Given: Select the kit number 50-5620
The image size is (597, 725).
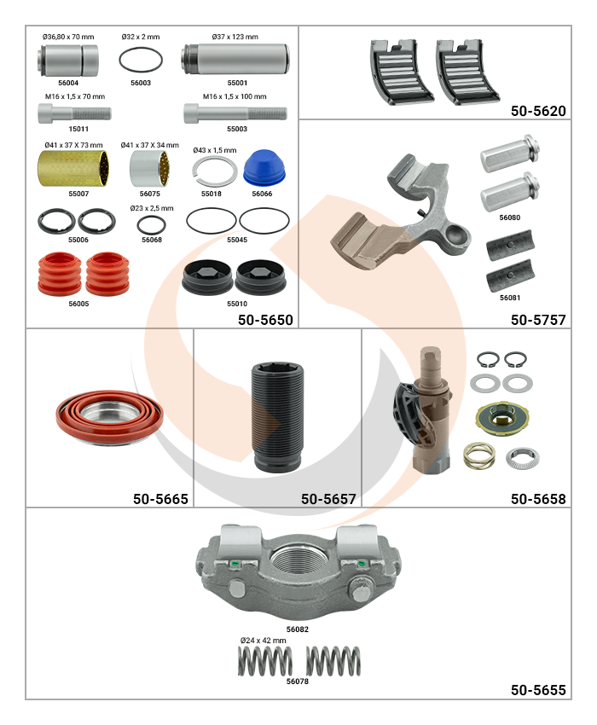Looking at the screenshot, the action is coord(538,111).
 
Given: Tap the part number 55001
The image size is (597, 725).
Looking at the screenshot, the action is coord(237,83).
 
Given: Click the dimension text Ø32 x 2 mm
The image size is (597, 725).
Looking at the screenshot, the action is coord(141,37).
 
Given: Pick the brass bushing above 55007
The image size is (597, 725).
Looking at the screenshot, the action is coord(73,169).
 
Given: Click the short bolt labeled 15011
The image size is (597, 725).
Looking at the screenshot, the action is coord(74,113).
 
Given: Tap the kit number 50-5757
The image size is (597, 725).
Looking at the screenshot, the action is coord(538,320).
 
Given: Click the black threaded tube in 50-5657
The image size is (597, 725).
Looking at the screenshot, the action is coord(277,416).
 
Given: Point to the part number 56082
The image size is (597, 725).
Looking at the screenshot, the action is coord(298,629).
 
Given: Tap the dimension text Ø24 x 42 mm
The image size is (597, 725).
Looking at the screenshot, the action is coord(264,641).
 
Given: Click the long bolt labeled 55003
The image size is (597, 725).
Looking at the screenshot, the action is coord(235,113).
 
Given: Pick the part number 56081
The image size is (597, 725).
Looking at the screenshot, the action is coord(510,298).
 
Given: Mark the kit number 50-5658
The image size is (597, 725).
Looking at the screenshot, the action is coord(538,499).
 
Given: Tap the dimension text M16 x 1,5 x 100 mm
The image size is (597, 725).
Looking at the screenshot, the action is coord(235,96).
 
